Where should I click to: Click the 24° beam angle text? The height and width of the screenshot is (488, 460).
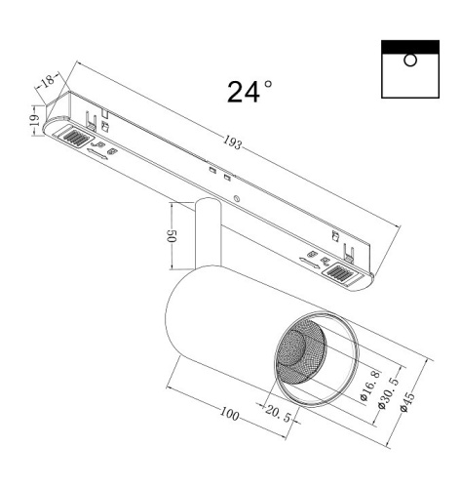249,92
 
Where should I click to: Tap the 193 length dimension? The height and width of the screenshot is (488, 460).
232,143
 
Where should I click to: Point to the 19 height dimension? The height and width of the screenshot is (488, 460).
32,121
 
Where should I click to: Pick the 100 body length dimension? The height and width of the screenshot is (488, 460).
228,416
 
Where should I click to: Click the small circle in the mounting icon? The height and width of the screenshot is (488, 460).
410,61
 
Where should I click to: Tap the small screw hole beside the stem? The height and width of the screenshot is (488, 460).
238,202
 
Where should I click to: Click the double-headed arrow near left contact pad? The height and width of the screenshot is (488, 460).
96,152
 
